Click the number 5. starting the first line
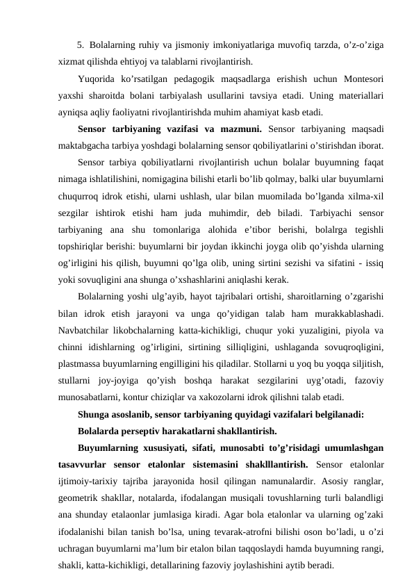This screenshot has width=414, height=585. [81, 46]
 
